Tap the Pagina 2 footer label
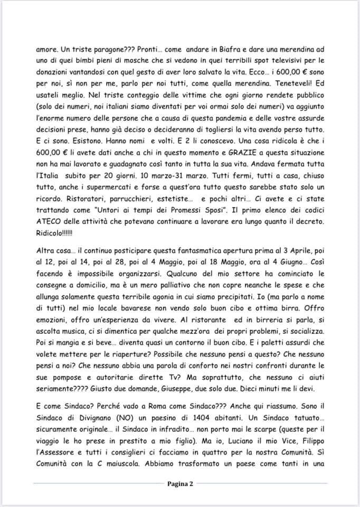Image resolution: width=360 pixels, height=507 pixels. [x=179, y=483]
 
